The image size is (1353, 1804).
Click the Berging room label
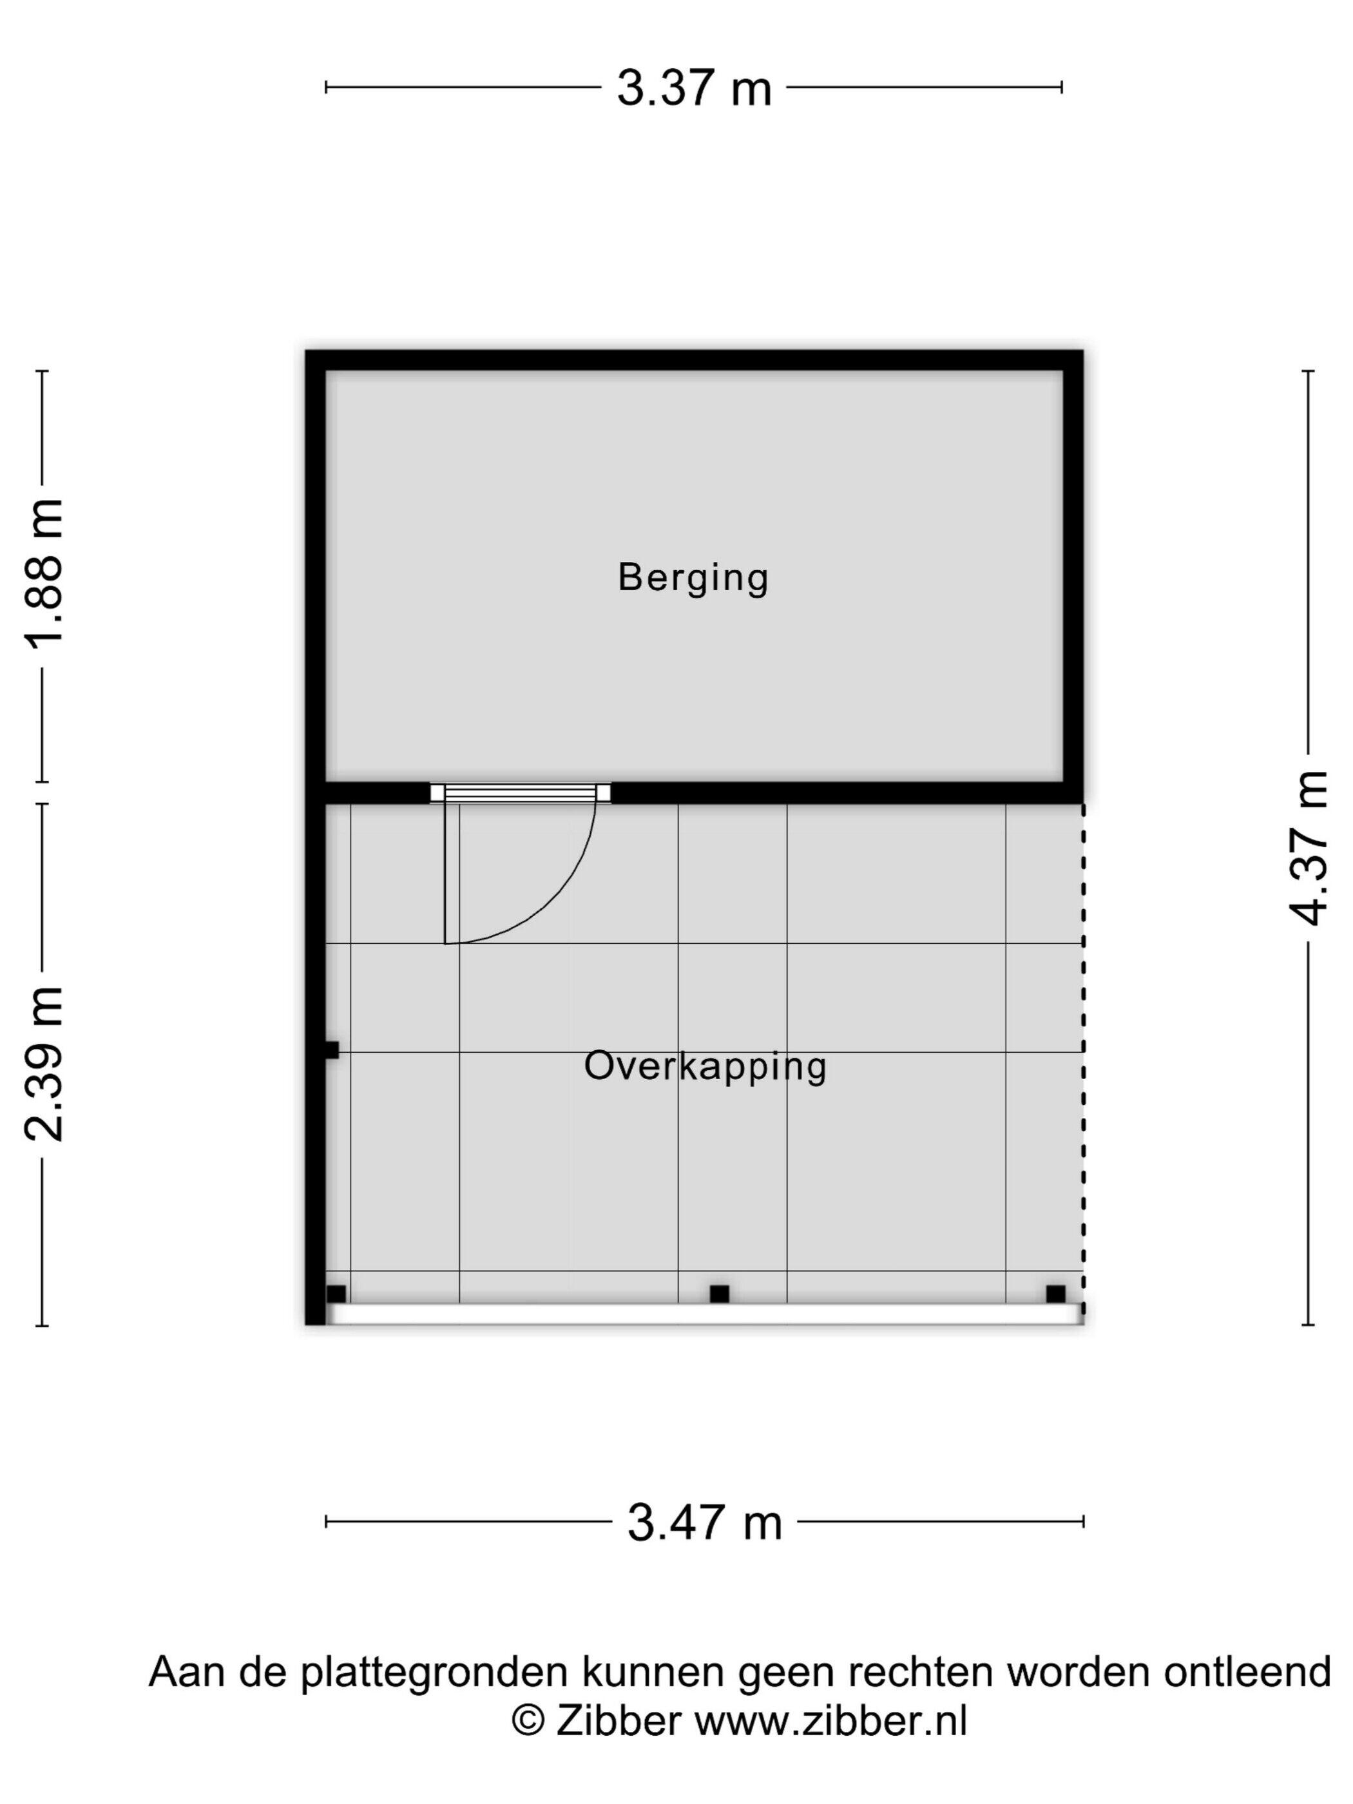point(693,578)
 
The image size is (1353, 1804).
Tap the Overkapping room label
point(705,1067)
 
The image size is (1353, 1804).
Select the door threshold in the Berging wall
point(521,792)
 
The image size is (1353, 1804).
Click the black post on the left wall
point(331,1050)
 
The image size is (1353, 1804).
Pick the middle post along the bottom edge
point(719,1294)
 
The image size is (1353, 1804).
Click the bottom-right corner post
point(1055,1294)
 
